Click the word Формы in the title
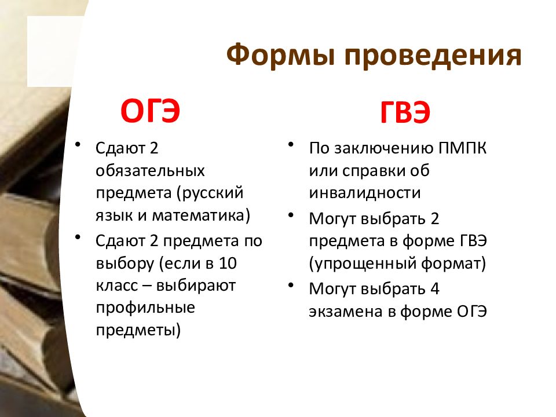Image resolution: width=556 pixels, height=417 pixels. point(281,54)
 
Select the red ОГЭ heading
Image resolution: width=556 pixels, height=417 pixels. point(150,111)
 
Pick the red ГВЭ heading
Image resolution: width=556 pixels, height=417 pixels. point(405,112)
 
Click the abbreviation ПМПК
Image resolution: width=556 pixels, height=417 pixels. point(462,148)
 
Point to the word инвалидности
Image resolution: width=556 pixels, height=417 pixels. point(365,192)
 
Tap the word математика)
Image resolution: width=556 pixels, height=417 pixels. point(201,215)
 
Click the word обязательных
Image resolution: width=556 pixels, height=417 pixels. point(151,170)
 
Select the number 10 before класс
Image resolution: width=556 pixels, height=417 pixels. point(227,263)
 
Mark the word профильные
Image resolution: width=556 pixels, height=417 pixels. point(145,308)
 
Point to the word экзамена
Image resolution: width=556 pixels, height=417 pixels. point(346,312)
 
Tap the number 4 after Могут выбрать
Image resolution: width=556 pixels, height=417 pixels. point(435,288)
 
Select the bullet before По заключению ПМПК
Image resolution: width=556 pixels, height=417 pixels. point(291,145)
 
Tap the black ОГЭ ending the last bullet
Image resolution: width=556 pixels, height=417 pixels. point(471,312)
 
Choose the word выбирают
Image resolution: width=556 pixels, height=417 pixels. point(196,286)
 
